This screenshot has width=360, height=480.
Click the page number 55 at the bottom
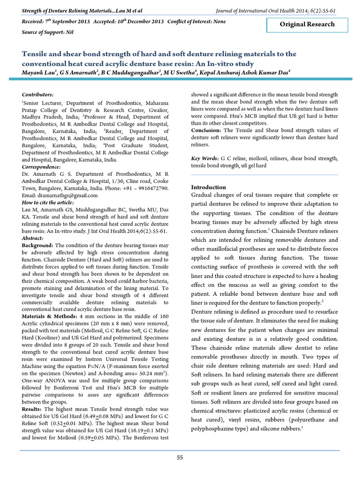(x=180, y=457)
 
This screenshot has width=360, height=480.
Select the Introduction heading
(x=209, y=187)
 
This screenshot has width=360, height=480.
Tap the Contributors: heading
(x=37, y=95)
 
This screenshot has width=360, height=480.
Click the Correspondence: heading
(x=41, y=166)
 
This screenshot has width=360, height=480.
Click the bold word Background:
(x=38, y=245)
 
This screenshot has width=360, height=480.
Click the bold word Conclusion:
(x=207, y=130)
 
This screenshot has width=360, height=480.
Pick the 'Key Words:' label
(x=205, y=159)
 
